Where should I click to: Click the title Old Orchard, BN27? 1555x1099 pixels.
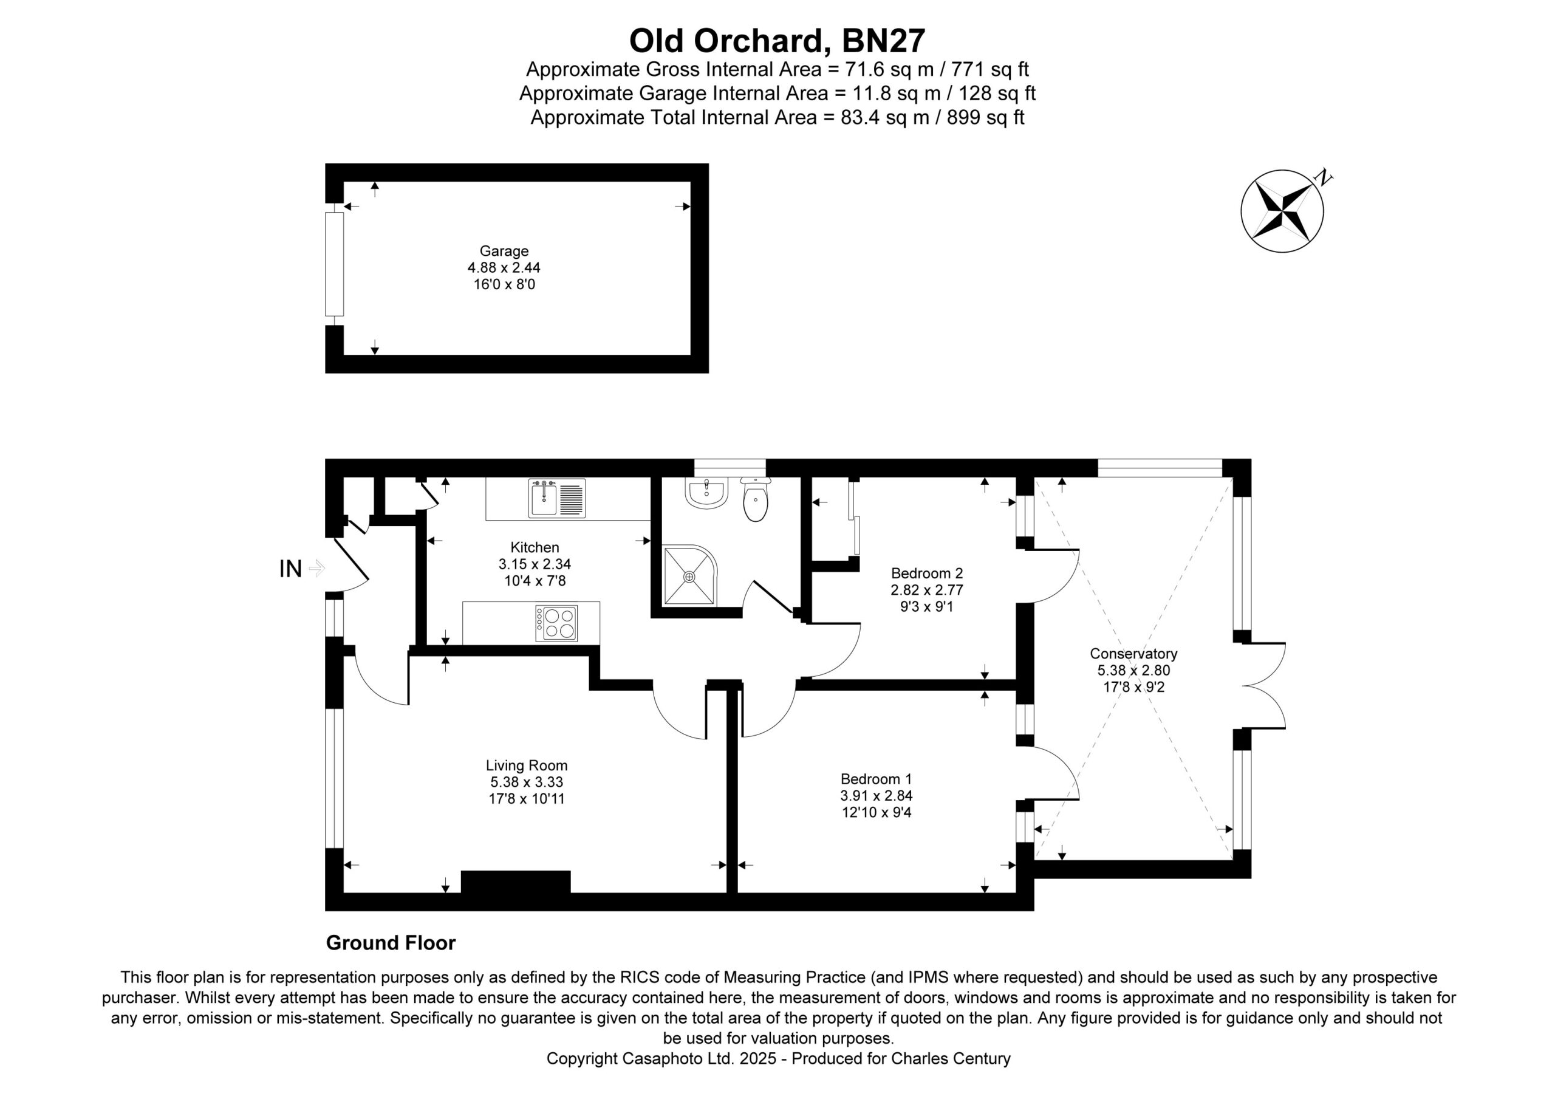pyautogui.click(x=777, y=41)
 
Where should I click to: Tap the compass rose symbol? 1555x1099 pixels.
pyautogui.click(x=1282, y=211)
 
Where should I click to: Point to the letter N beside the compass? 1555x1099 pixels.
pyautogui.click(x=1323, y=178)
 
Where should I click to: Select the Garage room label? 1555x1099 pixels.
pyautogui.click(x=504, y=251)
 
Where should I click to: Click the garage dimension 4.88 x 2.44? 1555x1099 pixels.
pyautogui.click(x=504, y=268)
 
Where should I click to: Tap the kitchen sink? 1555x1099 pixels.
pyautogui.click(x=558, y=498)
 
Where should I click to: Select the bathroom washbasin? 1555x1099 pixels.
pyautogui.click(x=706, y=493)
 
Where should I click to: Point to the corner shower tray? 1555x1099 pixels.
pyautogui.click(x=689, y=576)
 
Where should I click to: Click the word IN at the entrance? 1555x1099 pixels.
pyautogui.click(x=290, y=569)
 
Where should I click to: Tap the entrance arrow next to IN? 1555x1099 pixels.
pyautogui.click(x=317, y=569)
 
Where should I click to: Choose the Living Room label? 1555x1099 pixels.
pyautogui.click(x=526, y=765)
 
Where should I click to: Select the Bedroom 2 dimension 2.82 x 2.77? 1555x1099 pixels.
pyautogui.click(x=926, y=590)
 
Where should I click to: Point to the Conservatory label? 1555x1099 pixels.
pyautogui.click(x=1133, y=654)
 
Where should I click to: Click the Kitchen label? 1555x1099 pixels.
pyautogui.click(x=535, y=547)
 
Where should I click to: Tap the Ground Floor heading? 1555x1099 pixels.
pyautogui.click(x=391, y=943)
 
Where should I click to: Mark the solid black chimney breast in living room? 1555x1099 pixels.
pyautogui.click(x=516, y=882)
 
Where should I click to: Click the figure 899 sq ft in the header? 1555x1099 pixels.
pyautogui.click(x=985, y=118)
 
